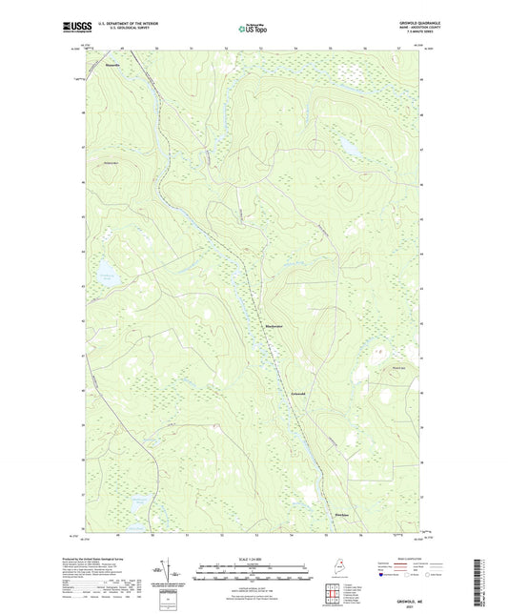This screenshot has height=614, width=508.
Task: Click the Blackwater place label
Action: [x=275, y=329]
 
